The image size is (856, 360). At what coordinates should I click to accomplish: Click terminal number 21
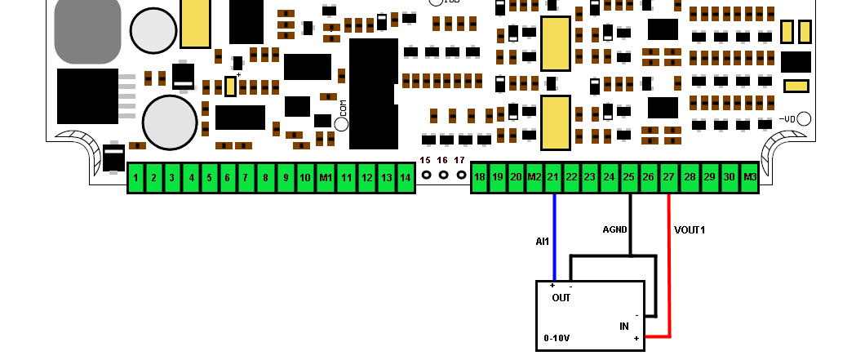pyautogui.click(x=554, y=177)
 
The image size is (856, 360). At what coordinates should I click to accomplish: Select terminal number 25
pyautogui.click(x=629, y=177)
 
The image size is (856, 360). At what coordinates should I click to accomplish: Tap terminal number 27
pyautogui.click(x=668, y=177)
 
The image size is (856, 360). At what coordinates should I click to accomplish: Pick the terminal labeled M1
pyautogui.click(x=325, y=177)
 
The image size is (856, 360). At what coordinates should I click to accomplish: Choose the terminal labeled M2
pyautogui.click(x=534, y=177)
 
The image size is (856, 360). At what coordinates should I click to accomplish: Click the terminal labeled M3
pyautogui.click(x=749, y=177)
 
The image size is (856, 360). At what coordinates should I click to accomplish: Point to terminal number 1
pyautogui.click(x=135, y=177)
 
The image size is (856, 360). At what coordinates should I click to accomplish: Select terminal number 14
pyautogui.click(x=406, y=177)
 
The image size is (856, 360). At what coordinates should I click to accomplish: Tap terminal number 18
pyautogui.click(x=480, y=177)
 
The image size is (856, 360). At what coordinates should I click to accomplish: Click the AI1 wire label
pyautogui.click(x=542, y=242)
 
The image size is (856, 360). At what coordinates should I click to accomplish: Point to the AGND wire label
pyautogui.click(x=615, y=230)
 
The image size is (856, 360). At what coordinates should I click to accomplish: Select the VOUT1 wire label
pyautogui.click(x=690, y=230)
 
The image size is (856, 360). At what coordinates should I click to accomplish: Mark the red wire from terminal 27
pyautogui.click(x=669, y=269)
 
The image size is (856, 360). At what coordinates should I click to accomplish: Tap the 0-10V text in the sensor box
pyautogui.click(x=557, y=337)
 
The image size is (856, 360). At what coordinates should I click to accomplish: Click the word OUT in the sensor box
pyautogui.click(x=561, y=298)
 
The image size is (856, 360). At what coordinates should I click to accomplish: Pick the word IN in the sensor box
pyautogui.click(x=624, y=326)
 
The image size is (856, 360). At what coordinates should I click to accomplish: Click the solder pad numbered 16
pyautogui.click(x=443, y=175)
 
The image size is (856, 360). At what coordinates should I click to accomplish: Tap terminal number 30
pyautogui.click(x=729, y=177)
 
